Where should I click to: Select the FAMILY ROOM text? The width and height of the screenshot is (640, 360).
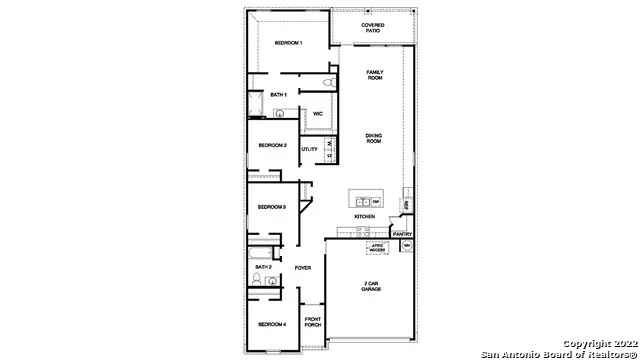point(375,75)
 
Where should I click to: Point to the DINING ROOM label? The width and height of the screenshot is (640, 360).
point(374,139)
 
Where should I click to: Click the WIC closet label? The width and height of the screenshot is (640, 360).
point(317,114)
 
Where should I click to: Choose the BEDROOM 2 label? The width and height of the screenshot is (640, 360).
point(272,145)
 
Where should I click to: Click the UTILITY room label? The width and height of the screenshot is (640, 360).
point(309,149)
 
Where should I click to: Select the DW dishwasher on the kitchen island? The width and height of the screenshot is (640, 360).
point(376,200)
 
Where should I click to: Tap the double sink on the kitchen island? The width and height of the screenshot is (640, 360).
point(362,199)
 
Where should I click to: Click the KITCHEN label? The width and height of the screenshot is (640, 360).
point(364,217)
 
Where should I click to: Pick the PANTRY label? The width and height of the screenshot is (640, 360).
point(402,234)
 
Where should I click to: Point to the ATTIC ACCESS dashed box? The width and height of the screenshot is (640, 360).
point(378,246)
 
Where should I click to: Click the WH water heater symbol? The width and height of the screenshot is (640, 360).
point(406,245)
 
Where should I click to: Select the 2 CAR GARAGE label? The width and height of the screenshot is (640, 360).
point(371,286)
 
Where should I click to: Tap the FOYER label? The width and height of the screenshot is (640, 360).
point(303,268)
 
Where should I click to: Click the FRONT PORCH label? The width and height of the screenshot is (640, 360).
point(312,322)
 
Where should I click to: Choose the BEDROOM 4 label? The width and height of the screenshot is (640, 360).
point(272,324)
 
